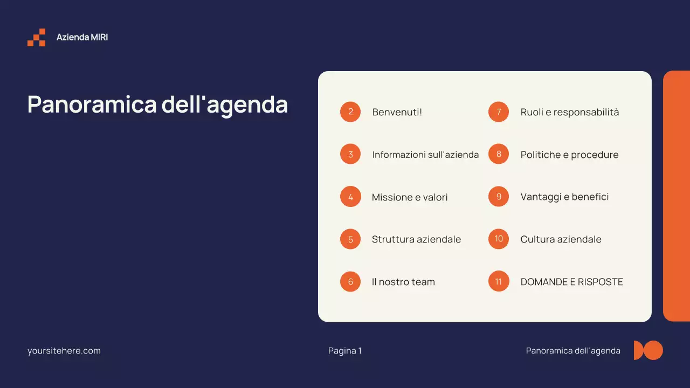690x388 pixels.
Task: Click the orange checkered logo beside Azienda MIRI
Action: [37, 38]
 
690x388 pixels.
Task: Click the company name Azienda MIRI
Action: [82, 37]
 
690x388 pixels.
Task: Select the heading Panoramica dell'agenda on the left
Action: [157, 104]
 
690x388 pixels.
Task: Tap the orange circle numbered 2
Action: [350, 112]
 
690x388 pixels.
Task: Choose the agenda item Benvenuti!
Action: [397, 112]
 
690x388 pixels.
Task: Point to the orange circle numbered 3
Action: [350, 155]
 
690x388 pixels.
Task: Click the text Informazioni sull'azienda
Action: [425, 155]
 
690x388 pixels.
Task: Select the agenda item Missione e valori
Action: [410, 197]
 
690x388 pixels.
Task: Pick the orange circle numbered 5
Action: [350, 239]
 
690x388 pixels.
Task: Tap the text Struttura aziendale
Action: [416, 239]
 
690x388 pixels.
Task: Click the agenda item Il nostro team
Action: [403, 282]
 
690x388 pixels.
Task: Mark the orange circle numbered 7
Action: [499, 112]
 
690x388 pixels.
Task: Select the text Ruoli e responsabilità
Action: [570, 112]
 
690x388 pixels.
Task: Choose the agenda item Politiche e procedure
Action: [569, 155]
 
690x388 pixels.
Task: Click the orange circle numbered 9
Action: [499, 197]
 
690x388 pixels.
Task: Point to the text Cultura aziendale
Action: [561, 239]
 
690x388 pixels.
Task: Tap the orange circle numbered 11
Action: [499, 281]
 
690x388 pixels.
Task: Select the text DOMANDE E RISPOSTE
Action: [571, 282]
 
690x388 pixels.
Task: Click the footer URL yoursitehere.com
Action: [64, 351]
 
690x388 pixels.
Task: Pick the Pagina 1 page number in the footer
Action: [345, 351]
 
